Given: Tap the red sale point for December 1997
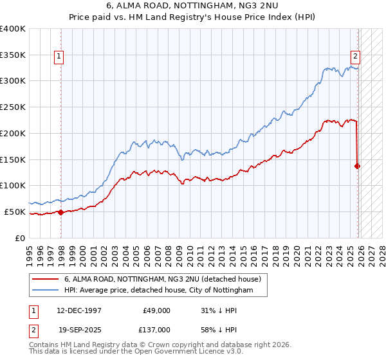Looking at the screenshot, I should pyautogui.click(x=60, y=212).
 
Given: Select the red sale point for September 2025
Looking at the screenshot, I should pyautogui.click(x=358, y=166).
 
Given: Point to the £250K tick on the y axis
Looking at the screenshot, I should pyautogui.click(x=13, y=107).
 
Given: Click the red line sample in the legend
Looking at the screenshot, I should pyautogui.click(x=45, y=280).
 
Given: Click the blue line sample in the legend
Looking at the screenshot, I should pyautogui.click(x=45, y=291).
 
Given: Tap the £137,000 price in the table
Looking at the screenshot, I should pyautogui.click(x=156, y=329).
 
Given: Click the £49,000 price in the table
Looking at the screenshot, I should pyautogui.click(x=156, y=310).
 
